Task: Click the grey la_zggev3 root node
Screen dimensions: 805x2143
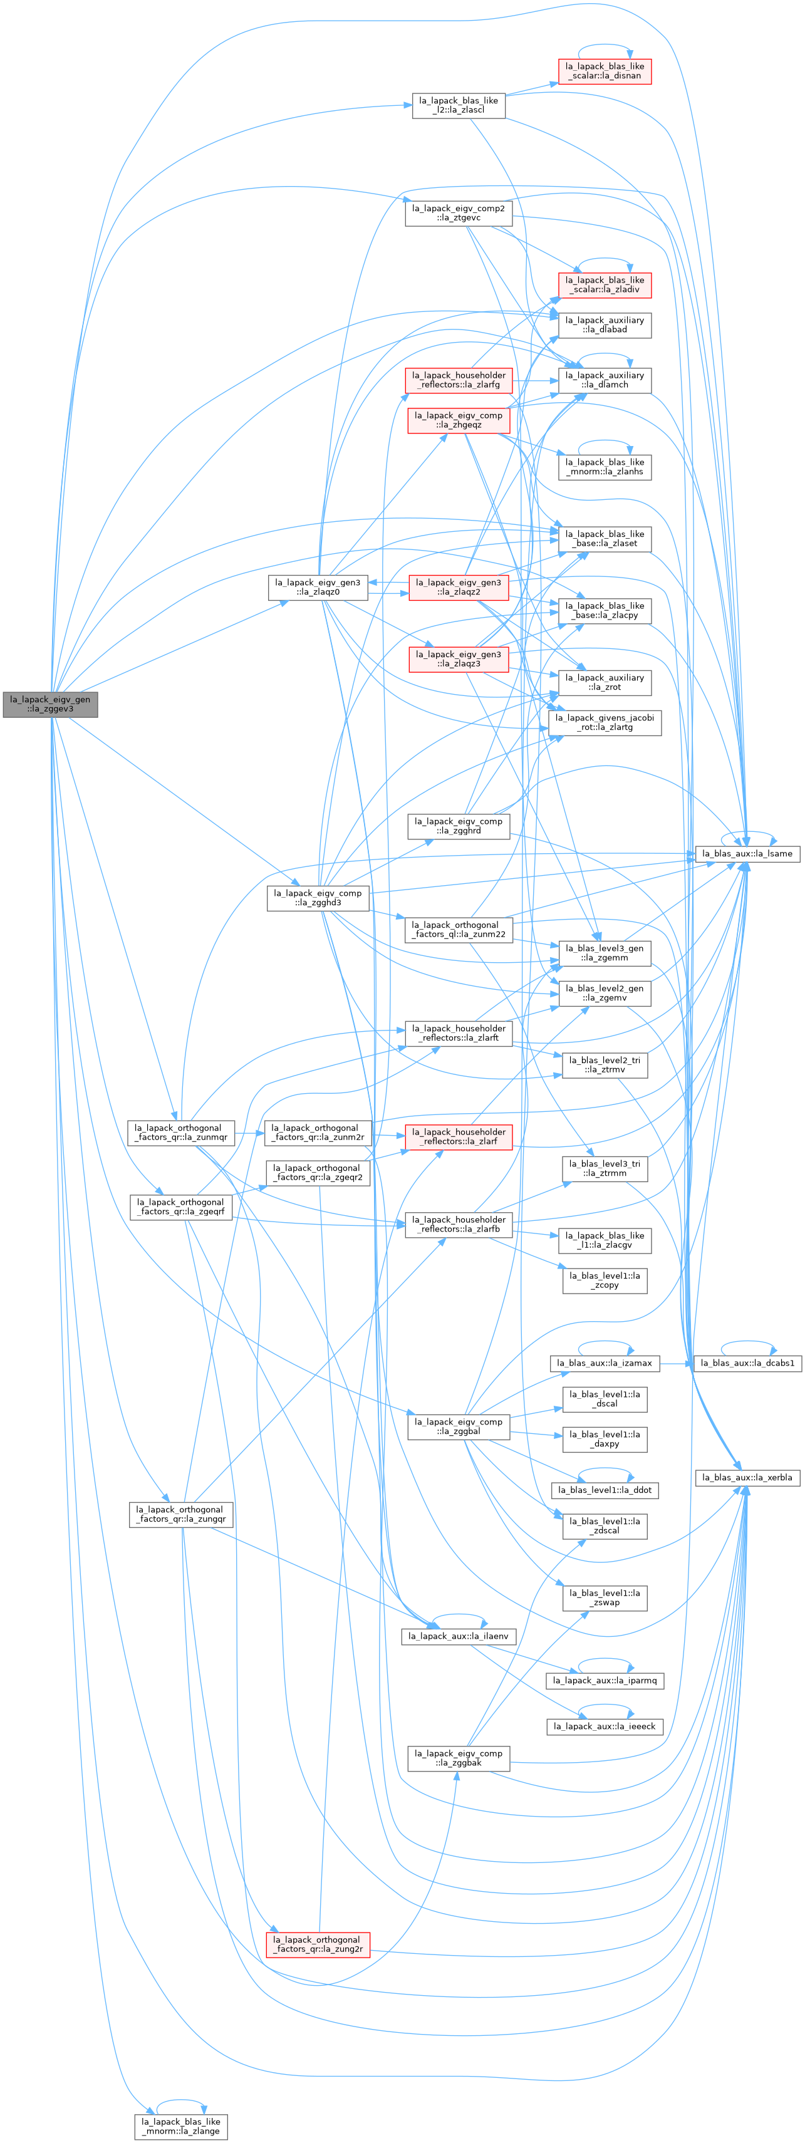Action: (x=51, y=704)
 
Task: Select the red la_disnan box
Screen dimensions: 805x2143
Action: (x=605, y=71)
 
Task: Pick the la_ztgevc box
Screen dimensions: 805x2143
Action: (x=458, y=213)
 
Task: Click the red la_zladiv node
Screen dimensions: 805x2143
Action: (x=605, y=284)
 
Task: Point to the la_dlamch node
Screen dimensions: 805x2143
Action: (x=605, y=380)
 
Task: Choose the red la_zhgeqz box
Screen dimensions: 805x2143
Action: (x=458, y=420)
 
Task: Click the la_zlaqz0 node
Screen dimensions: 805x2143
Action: (x=318, y=588)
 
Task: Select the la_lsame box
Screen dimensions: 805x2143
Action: (x=747, y=854)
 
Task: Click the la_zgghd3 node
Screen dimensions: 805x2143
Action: (x=318, y=898)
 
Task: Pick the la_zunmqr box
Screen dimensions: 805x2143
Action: (x=180, y=1132)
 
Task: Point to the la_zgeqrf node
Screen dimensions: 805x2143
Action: (x=180, y=1206)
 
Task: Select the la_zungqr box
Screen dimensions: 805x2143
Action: (x=180, y=1513)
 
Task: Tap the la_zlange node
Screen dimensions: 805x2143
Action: (x=180, y=2125)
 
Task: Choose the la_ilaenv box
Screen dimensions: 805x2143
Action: (x=458, y=1636)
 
